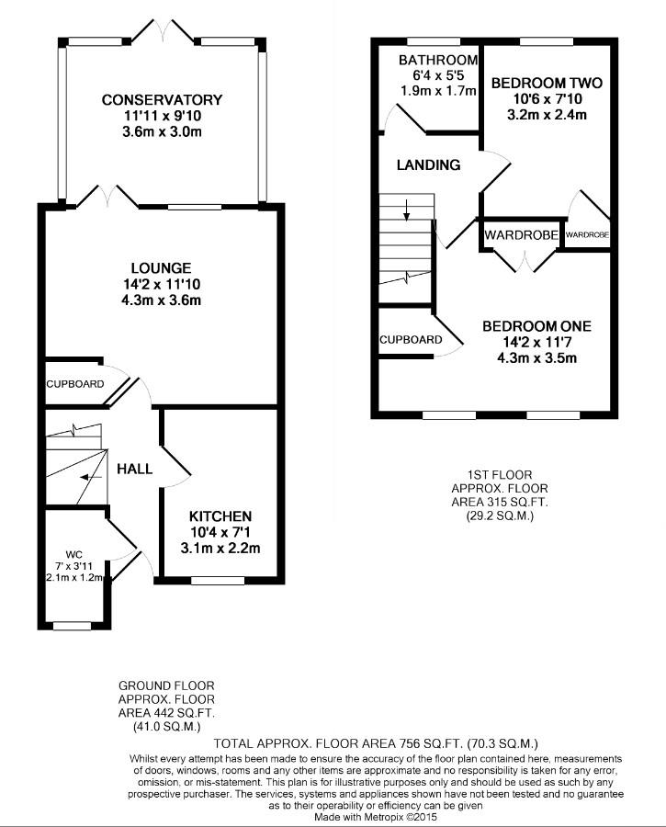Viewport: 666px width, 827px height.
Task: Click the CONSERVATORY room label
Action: click(162, 99)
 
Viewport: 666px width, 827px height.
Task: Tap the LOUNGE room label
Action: click(161, 267)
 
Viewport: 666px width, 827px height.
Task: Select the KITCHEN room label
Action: click(220, 516)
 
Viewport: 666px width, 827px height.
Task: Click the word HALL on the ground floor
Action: click(134, 469)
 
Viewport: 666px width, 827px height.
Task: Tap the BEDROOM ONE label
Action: click(536, 326)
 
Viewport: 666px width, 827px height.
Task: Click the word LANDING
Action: click(428, 165)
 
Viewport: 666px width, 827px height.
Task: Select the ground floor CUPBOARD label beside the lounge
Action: click(75, 383)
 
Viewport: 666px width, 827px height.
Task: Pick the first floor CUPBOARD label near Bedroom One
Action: click(410, 340)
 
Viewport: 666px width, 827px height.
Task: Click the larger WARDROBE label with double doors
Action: click(521, 235)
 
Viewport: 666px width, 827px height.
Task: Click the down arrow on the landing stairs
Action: click(406, 214)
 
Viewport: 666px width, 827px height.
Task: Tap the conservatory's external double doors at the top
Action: click(162, 32)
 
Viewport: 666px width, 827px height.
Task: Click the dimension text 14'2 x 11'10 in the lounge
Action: click(161, 285)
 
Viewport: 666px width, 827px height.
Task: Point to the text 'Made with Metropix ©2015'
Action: click(377, 816)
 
